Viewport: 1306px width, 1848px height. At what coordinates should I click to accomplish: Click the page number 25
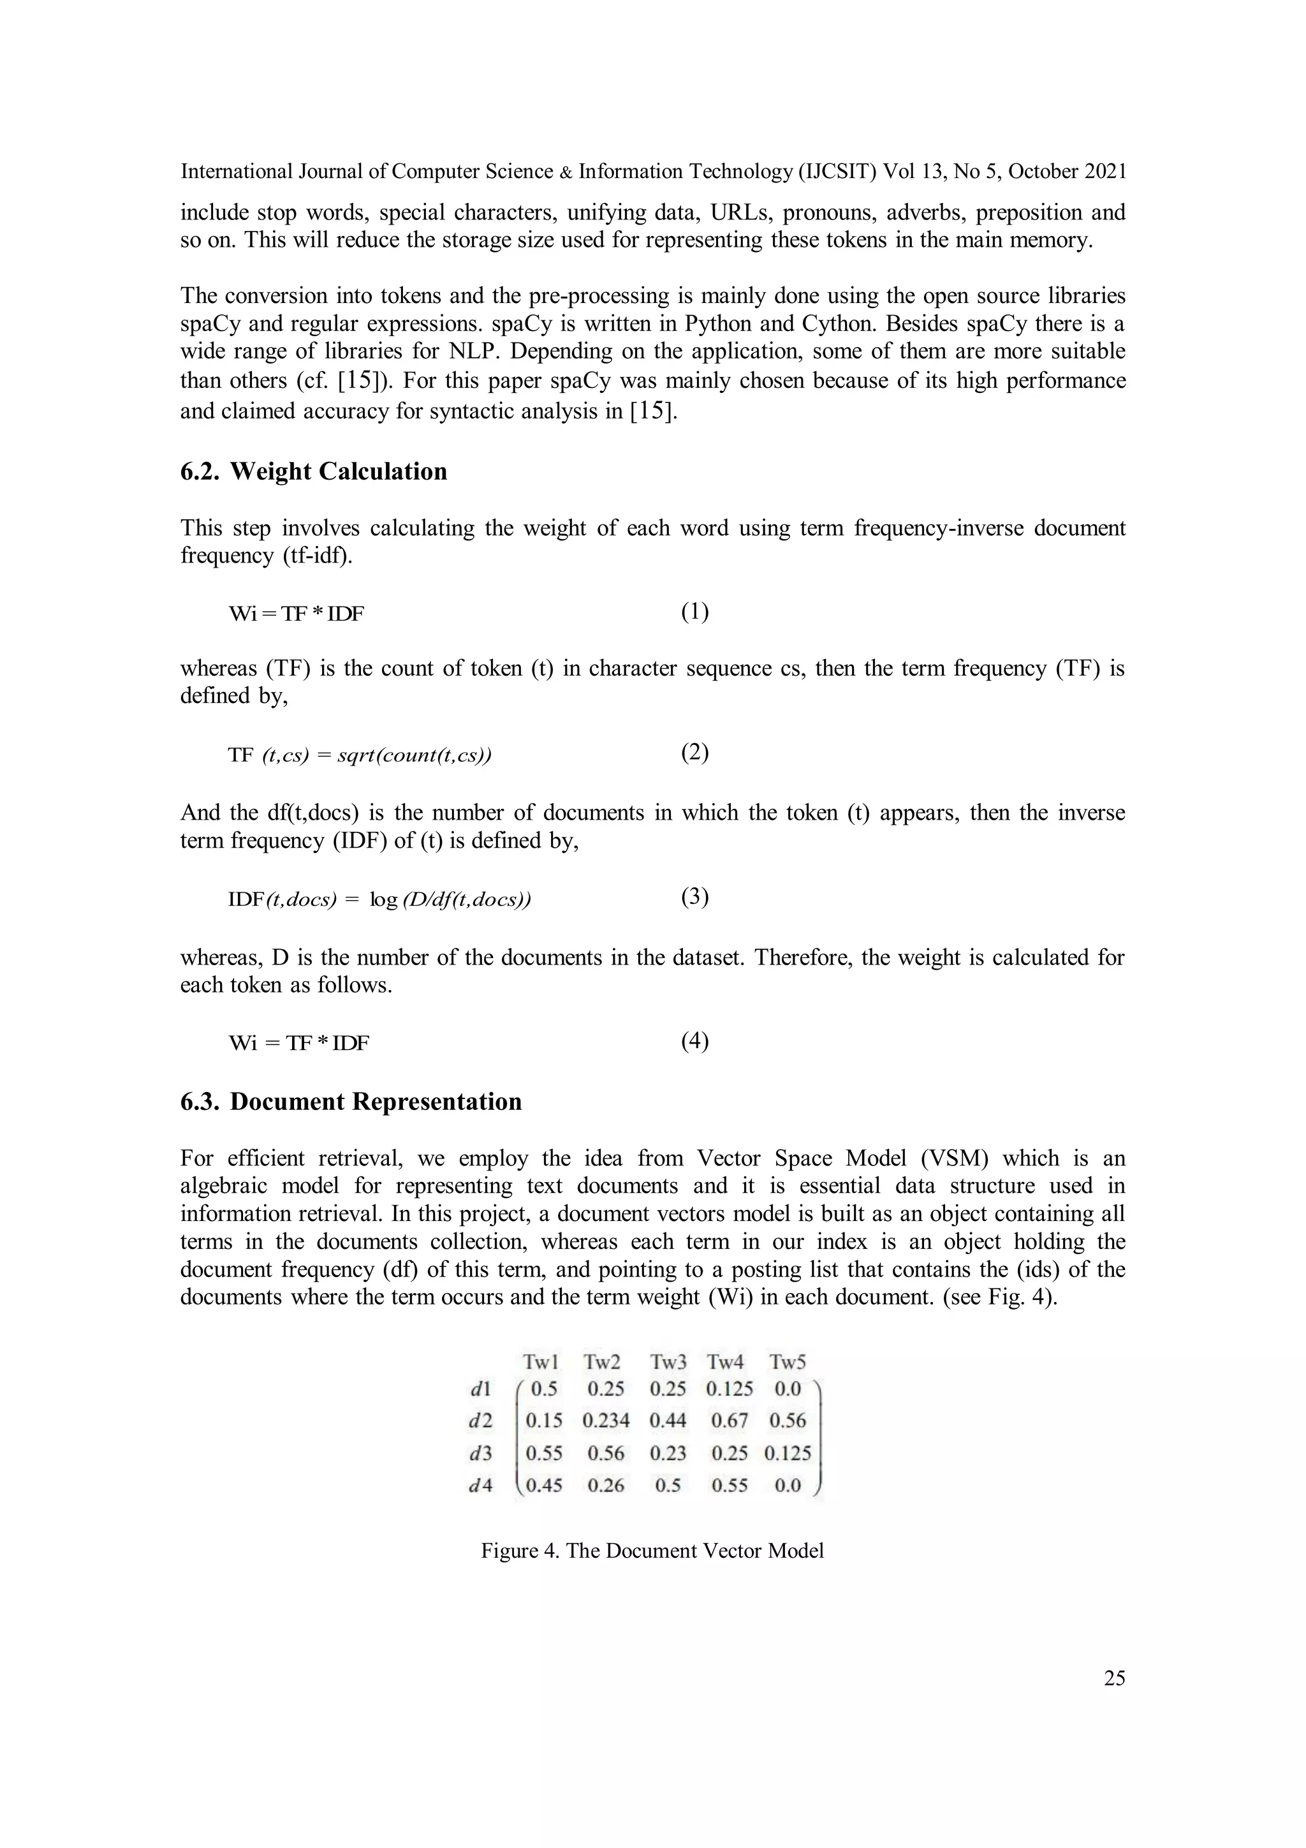[x=1113, y=1678]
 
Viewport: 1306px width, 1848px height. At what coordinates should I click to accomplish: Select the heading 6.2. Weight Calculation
[x=313, y=471]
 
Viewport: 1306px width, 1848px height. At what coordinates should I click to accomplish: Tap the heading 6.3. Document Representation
[x=351, y=1101]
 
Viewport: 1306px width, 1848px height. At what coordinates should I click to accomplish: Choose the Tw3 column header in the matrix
[x=668, y=1362]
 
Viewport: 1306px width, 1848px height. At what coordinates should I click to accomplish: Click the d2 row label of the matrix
[x=480, y=1421]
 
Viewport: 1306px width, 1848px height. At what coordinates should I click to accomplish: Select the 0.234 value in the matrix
[x=605, y=1421]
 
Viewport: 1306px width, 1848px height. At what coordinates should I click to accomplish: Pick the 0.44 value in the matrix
[x=668, y=1421]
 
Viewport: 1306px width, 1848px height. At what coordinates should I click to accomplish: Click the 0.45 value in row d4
[x=544, y=1486]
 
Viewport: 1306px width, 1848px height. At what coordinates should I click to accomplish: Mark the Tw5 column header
[x=787, y=1362]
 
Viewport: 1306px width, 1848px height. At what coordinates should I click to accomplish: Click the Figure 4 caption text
[x=652, y=1551]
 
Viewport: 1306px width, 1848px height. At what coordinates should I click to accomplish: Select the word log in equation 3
[x=384, y=900]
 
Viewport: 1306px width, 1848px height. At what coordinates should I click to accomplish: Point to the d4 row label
[x=480, y=1486]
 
